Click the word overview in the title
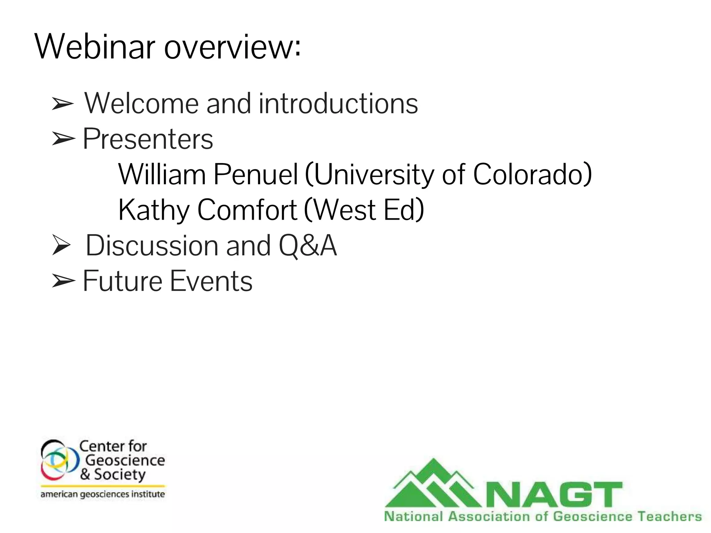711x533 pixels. coord(232,48)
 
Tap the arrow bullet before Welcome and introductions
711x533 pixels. coord(62,104)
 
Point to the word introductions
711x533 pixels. coord(338,103)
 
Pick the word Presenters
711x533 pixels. coord(148,139)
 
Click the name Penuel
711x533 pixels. coord(256,174)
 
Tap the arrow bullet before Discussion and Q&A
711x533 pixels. coord(62,245)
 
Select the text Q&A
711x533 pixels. coord(308,246)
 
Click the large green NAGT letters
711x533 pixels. coord(554,495)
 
